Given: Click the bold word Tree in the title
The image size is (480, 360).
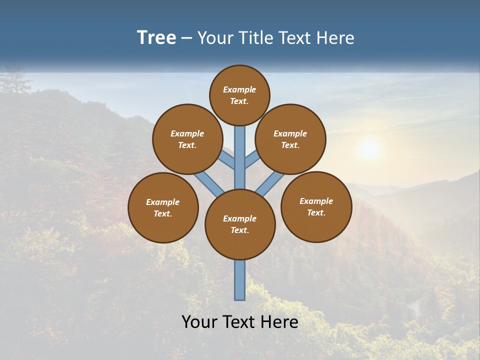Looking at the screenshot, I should click(x=156, y=38).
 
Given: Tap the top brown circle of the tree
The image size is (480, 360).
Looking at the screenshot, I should click(x=239, y=95).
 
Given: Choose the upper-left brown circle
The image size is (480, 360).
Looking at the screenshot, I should click(x=187, y=139).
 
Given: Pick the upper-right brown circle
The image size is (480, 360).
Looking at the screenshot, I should click(x=290, y=139).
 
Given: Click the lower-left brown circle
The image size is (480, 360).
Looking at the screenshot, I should click(x=163, y=207).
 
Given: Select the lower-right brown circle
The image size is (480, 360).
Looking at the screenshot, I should click(x=316, y=206).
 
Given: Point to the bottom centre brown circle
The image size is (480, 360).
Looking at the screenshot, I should click(x=240, y=224).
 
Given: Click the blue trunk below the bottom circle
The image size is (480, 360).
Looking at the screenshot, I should click(x=240, y=280).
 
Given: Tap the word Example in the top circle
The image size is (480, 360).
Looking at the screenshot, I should click(x=239, y=90).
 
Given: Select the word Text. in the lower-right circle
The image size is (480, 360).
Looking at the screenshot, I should click(x=316, y=212).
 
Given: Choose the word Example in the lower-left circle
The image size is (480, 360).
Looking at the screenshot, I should click(x=162, y=202).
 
